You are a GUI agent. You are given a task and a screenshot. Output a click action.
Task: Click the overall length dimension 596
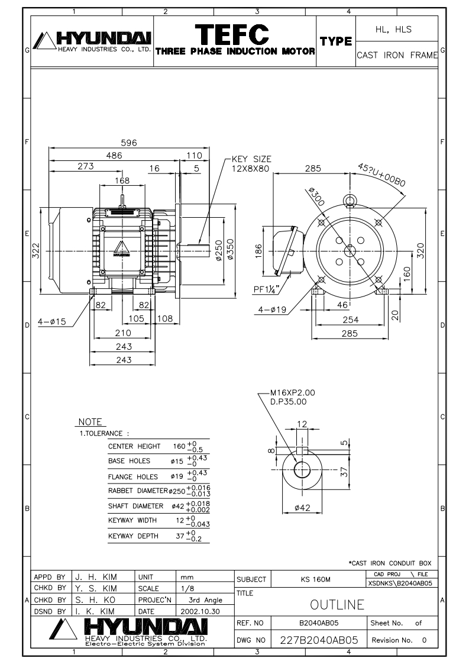point(129,143)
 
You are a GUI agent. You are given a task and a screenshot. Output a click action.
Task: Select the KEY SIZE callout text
point(251,163)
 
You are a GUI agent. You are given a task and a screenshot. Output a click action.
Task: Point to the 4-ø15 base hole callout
point(51,321)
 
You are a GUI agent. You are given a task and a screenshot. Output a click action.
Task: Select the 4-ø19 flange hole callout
point(272,310)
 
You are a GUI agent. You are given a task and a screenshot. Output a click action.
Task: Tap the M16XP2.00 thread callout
point(293,392)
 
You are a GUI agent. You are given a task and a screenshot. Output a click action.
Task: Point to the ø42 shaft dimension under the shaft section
point(302,507)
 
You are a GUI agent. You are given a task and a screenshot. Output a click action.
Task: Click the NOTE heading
point(90,422)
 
